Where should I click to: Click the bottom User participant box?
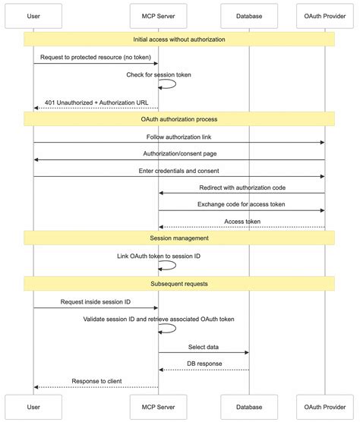tap(33, 407)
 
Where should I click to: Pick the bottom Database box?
tap(249, 407)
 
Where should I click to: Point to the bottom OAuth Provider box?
tap(325, 407)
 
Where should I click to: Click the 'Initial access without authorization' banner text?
tap(179, 39)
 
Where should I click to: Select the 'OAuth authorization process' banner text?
tap(179, 119)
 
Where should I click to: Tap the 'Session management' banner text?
tap(179, 238)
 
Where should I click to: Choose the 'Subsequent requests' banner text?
tap(179, 283)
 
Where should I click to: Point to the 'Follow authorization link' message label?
tap(179, 137)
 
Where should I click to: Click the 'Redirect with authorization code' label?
tap(242, 187)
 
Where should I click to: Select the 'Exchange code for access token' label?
tap(242, 205)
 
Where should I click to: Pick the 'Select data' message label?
tap(204, 347)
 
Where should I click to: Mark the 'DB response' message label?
tap(204, 364)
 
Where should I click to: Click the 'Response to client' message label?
tap(96, 381)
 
